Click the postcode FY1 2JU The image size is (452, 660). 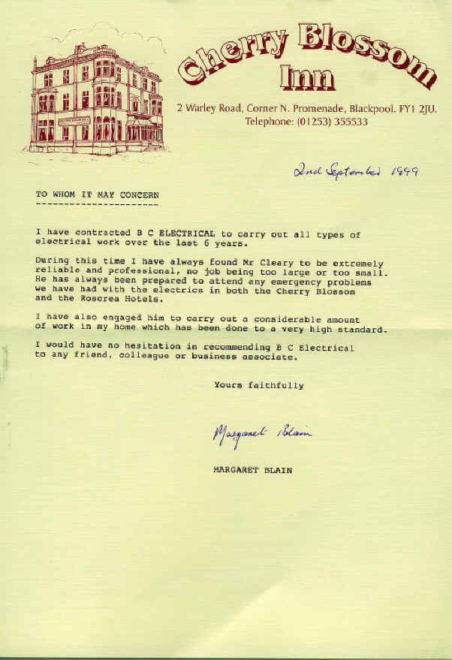tap(419, 109)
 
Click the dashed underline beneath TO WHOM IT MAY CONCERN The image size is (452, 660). tap(97, 203)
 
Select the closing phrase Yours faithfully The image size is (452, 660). tap(259, 385)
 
